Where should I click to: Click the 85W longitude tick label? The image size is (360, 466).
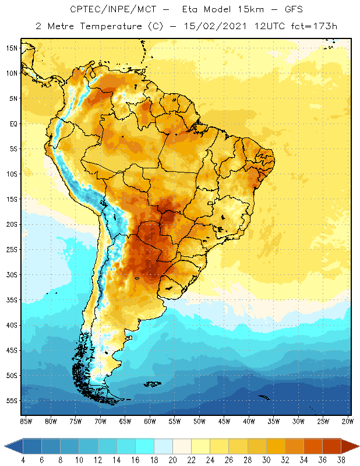pyautogui.click(x=26, y=421)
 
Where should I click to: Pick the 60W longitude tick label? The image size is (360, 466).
pyautogui.click(x=150, y=421)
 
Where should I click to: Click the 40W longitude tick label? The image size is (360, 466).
pyautogui.click(x=249, y=421)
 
